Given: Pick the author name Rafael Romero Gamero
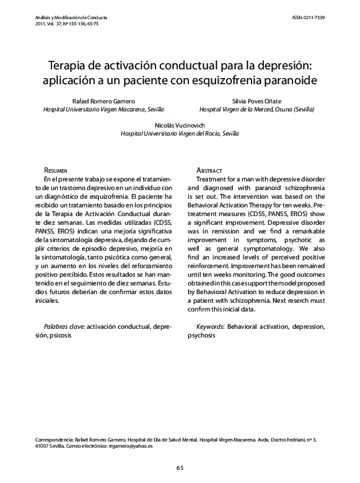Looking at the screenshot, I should [103, 100].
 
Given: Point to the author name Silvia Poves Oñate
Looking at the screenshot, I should [257, 100].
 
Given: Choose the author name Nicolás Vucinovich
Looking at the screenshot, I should [179, 124].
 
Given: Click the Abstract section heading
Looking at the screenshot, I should [209, 170].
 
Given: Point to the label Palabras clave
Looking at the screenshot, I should [66, 326].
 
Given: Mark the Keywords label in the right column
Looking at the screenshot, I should [210, 326].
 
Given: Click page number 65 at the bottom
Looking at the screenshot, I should [180, 468].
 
